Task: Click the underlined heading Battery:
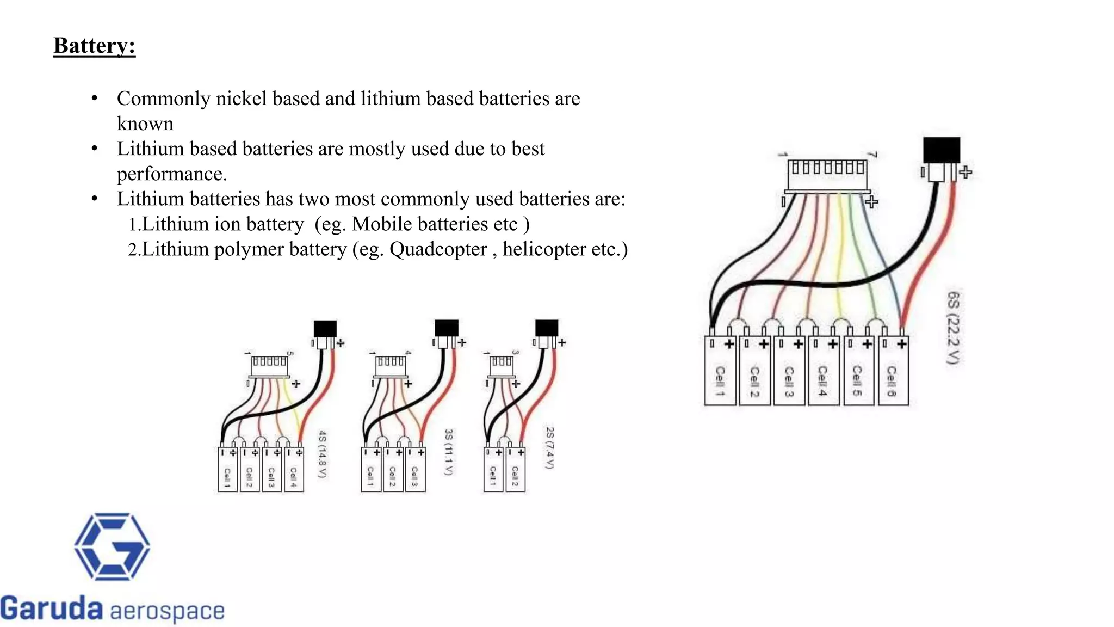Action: click(95, 46)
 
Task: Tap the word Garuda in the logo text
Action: click(52, 608)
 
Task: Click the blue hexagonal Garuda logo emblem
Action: click(112, 546)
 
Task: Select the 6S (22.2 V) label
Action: click(954, 328)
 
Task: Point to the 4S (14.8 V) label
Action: click(323, 454)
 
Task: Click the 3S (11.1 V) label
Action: click(449, 452)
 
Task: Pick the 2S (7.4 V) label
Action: click(550, 447)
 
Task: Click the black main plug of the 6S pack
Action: click(942, 150)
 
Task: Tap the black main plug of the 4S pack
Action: click(325, 329)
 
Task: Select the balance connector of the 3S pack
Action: click(391, 366)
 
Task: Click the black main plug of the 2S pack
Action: click(547, 328)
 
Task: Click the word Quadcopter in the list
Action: click(438, 249)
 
